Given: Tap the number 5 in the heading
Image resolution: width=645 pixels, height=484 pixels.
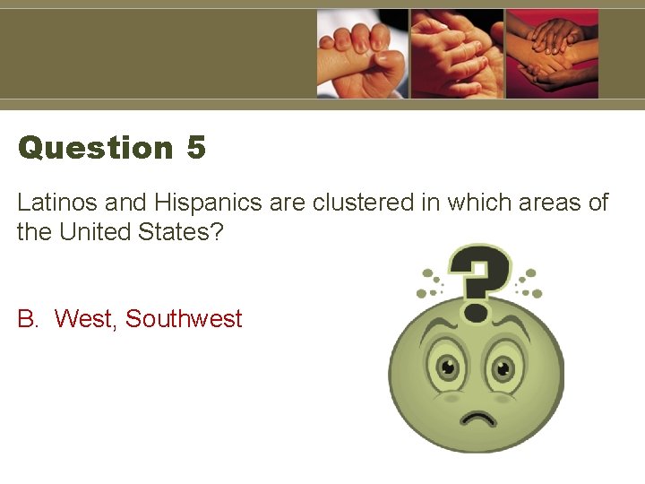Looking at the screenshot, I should [197, 148].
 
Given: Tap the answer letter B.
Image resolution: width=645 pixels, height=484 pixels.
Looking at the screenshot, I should [26, 319].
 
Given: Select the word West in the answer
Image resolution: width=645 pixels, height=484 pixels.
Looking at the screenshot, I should [86, 319].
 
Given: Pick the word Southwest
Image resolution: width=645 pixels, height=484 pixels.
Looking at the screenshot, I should [184, 319].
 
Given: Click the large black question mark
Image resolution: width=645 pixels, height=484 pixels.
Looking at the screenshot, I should [480, 278].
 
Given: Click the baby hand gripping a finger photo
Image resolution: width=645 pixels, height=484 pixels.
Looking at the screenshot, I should [362, 53].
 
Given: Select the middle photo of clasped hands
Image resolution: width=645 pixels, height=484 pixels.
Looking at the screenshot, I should [457, 53].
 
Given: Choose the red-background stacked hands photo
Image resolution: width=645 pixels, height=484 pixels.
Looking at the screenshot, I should [552, 53].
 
